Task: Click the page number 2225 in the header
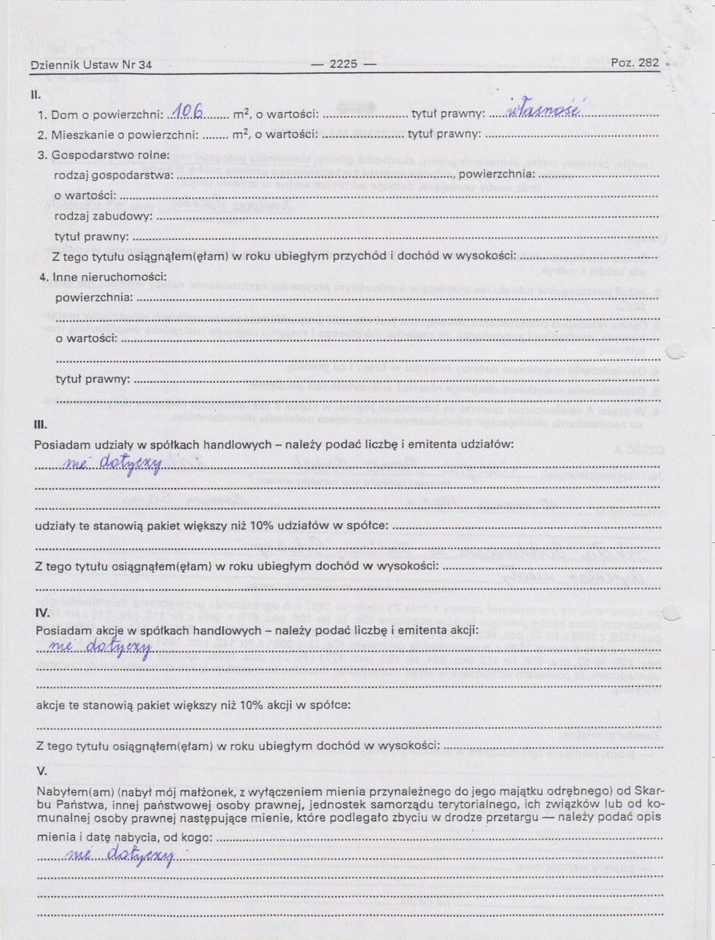pyautogui.click(x=343, y=64)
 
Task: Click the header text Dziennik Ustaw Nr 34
pyautogui.click(x=91, y=65)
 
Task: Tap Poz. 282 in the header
pyautogui.click(x=635, y=63)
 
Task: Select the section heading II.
pyautogui.click(x=35, y=94)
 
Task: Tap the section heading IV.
pyautogui.click(x=44, y=611)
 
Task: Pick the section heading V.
pyautogui.click(x=42, y=770)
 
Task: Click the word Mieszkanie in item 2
pyautogui.click(x=81, y=135)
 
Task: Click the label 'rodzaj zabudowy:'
pyautogui.click(x=100, y=215)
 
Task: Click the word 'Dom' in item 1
pyautogui.click(x=64, y=115)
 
